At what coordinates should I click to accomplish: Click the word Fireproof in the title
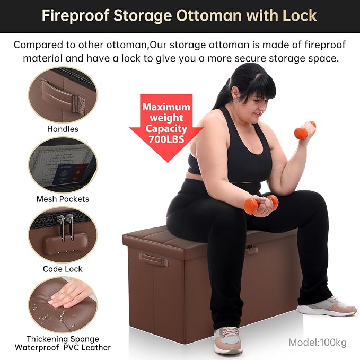75,16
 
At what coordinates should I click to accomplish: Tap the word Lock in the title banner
300,15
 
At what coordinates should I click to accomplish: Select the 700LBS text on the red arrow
166,139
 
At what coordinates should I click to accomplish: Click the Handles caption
63,129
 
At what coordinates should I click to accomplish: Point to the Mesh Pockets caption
63,199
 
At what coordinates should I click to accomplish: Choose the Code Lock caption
63,269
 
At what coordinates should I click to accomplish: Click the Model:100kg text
318,343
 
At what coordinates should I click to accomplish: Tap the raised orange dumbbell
304,130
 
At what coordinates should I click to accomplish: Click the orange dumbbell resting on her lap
261,204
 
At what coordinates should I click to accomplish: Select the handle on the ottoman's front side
153,258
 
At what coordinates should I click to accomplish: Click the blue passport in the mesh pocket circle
62,174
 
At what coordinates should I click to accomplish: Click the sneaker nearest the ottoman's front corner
227,340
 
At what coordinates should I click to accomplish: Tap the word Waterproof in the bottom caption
37,348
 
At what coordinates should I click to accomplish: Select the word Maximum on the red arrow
166,107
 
